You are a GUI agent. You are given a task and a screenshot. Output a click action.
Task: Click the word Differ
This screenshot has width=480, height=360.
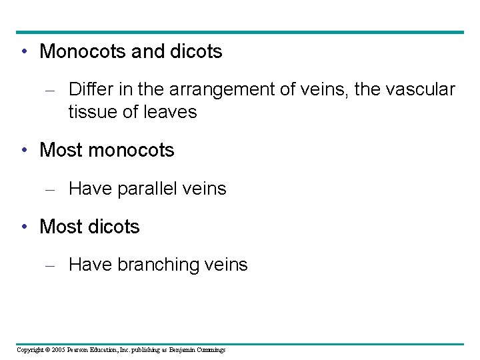(x=89, y=89)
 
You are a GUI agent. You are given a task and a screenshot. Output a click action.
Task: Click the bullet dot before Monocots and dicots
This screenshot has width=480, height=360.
(x=23, y=52)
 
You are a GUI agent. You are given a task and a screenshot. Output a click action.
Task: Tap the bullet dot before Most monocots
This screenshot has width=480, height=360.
(x=23, y=151)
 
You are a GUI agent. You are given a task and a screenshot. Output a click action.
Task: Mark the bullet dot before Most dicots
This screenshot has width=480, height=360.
(x=23, y=227)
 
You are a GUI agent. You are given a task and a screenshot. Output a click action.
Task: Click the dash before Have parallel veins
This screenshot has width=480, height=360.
(x=49, y=190)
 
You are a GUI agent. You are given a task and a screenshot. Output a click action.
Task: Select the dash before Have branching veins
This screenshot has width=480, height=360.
(x=49, y=266)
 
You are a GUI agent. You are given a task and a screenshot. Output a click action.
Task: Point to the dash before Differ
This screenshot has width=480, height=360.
(x=49, y=89)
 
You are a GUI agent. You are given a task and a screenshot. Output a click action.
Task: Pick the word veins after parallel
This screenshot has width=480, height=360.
(x=205, y=189)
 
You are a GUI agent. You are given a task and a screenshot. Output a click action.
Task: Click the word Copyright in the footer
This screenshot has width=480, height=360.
(x=29, y=350)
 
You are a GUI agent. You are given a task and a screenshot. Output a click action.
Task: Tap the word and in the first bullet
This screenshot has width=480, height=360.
(x=147, y=51)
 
